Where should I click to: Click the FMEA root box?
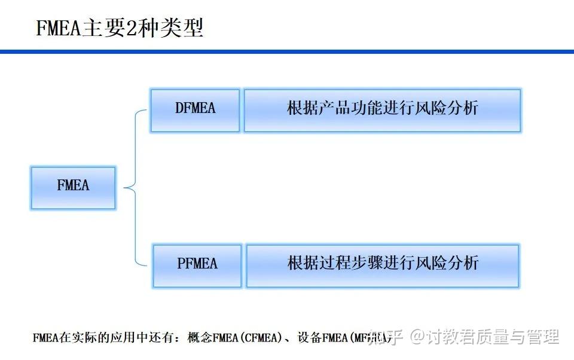[x=73, y=188]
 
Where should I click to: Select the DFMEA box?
[x=195, y=110]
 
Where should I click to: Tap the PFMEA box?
[x=197, y=265]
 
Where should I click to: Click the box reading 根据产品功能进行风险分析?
[x=383, y=110]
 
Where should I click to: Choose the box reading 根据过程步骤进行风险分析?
[x=383, y=265]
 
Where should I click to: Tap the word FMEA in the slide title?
[x=58, y=29]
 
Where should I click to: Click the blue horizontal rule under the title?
[x=287, y=52]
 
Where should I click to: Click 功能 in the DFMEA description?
[x=374, y=109]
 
